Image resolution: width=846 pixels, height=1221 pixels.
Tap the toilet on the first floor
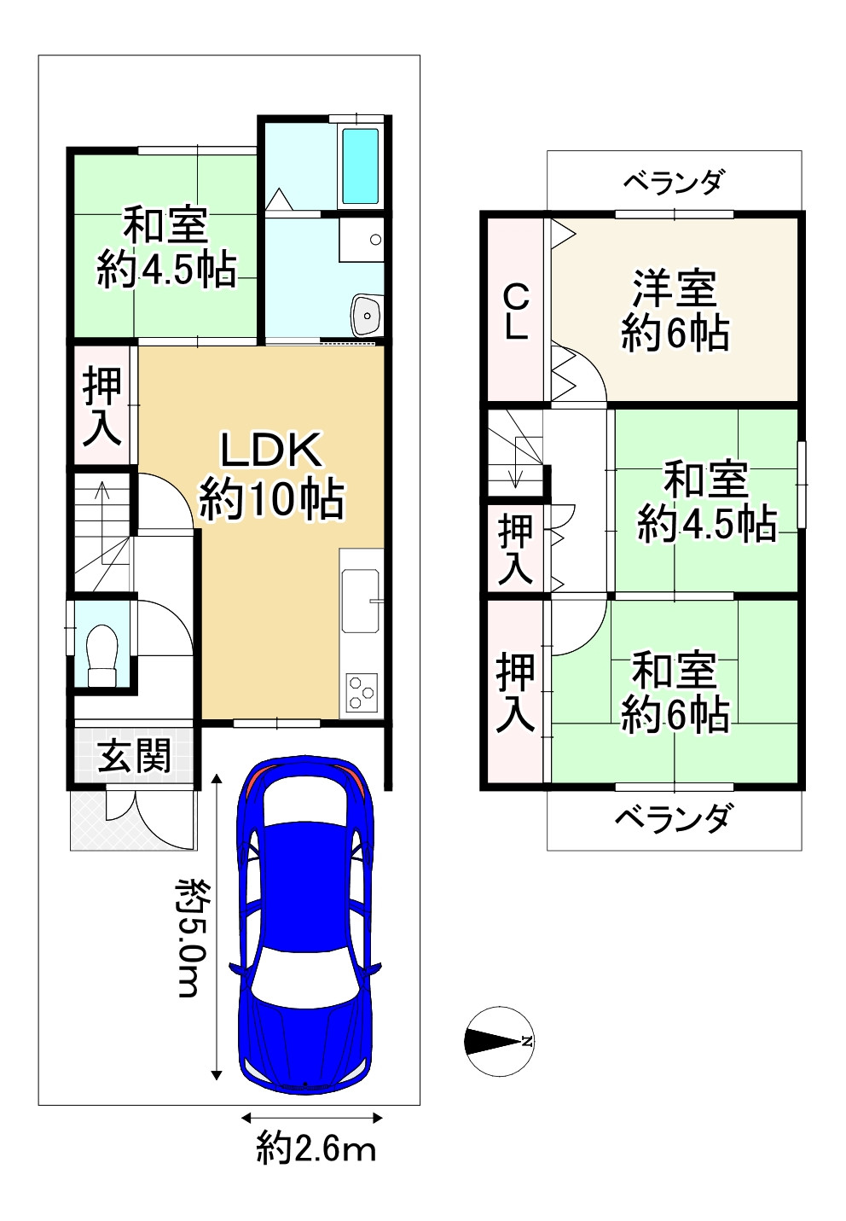(x=102, y=654)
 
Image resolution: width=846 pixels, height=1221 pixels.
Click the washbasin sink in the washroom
(x=367, y=317)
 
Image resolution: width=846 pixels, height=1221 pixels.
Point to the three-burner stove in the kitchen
(x=362, y=692)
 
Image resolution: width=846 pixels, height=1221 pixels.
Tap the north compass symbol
(x=500, y=1040)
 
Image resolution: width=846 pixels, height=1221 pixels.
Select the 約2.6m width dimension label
(x=316, y=1149)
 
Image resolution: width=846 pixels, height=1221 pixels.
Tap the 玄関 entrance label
(x=134, y=756)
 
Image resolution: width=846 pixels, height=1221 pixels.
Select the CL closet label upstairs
(x=516, y=312)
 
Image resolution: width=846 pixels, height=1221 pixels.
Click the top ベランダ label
(x=674, y=182)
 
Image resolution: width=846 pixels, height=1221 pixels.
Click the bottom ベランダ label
(x=673, y=819)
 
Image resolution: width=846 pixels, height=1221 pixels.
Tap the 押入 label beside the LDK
(x=102, y=407)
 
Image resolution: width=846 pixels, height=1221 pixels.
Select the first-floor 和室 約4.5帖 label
(x=165, y=248)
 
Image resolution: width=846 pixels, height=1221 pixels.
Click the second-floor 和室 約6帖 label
(x=675, y=692)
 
